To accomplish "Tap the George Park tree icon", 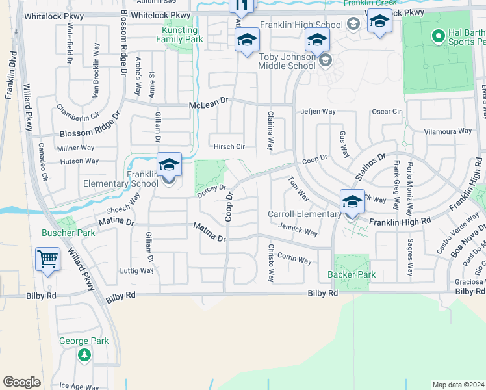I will (84, 355).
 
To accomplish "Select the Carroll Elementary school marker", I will (352, 203).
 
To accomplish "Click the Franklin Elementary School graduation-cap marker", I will (169, 166).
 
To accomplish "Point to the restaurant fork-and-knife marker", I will (242, 6).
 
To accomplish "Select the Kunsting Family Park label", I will (179, 34).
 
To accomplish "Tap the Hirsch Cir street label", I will (229, 147).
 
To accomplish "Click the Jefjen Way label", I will (318, 111).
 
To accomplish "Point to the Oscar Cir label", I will (387, 111).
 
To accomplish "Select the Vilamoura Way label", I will (448, 131).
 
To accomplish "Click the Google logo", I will (21, 382).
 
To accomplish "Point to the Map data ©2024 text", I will (458, 385).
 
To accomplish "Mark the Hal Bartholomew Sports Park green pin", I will (437, 35).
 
